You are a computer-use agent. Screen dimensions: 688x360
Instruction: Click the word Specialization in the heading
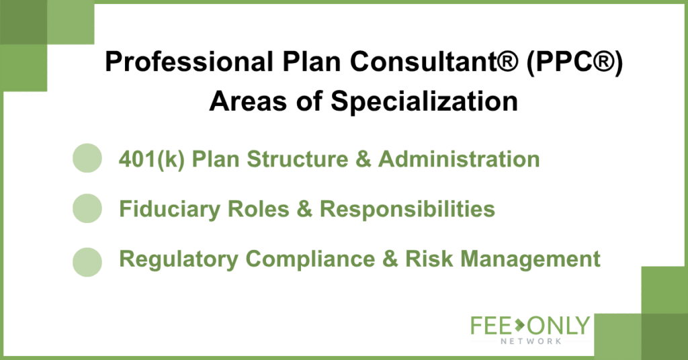(x=425, y=101)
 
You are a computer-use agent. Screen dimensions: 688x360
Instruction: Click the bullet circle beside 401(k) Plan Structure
(x=87, y=158)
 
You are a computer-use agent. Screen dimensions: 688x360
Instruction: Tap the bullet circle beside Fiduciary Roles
(x=87, y=208)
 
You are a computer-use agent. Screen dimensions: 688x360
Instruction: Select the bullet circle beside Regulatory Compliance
(x=87, y=262)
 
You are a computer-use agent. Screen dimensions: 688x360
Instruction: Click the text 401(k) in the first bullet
(x=152, y=159)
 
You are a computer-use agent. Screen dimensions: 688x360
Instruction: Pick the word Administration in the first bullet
(x=459, y=159)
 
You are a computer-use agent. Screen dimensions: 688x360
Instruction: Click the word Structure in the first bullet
(x=298, y=159)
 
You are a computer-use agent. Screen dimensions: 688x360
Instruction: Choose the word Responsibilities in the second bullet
(x=407, y=209)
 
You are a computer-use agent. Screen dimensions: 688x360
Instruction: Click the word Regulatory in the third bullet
(x=179, y=259)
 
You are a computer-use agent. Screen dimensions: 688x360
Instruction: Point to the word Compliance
(x=310, y=259)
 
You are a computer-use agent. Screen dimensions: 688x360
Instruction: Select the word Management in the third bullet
(x=530, y=259)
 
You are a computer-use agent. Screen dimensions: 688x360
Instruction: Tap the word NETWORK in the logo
(x=531, y=341)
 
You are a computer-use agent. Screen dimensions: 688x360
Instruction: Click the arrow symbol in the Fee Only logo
(x=519, y=325)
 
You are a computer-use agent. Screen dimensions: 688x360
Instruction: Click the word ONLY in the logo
(x=558, y=326)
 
